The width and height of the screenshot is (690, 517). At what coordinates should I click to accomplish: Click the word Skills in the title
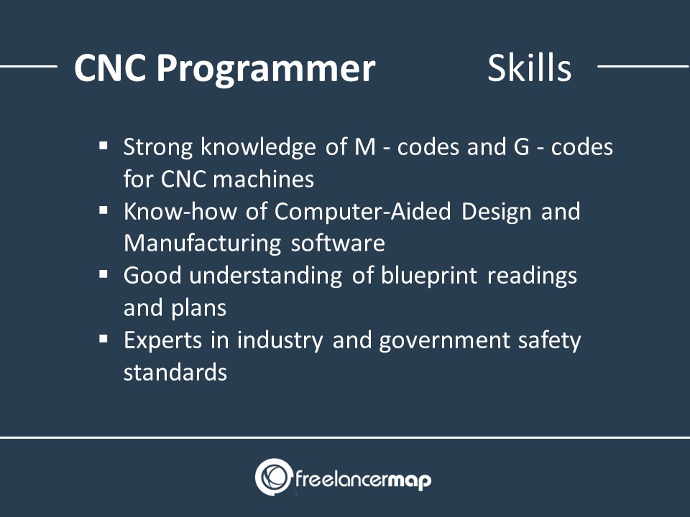pyautogui.click(x=530, y=68)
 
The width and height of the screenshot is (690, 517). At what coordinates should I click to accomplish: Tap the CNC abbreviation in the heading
pyautogui.click(x=110, y=68)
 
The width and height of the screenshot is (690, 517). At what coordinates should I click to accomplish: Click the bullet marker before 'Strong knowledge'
pyautogui.click(x=103, y=146)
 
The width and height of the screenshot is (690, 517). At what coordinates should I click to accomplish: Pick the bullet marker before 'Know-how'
pyautogui.click(x=103, y=210)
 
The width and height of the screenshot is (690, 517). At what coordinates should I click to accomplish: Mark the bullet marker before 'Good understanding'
pyautogui.click(x=103, y=274)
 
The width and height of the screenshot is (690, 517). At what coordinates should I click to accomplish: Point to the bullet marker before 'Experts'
pyautogui.click(x=103, y=339)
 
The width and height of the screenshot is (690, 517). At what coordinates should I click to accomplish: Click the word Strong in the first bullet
pyautogui.click(x=158, y=148)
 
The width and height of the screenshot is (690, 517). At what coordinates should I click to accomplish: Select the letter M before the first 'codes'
pyautogui.click(x=365, y=146)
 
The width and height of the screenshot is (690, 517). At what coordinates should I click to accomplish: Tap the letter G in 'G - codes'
pyautogui.click(x=522, y=146)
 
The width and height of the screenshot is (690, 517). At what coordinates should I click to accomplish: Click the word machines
pyautogui.click(x=263, y=179)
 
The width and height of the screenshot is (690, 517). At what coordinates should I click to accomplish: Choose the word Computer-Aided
pyautogui.click(x=362, y=212)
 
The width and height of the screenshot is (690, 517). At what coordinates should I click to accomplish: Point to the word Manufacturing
pyautogui.click(x=202, y=244)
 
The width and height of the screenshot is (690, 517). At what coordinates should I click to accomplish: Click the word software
pyautogui.click(x=338, y=243)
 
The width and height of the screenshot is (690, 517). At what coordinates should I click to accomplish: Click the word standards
pyautogui.click(x=175, y=372)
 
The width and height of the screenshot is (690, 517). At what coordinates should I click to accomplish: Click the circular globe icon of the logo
pyautogui.click(x=274, y=477)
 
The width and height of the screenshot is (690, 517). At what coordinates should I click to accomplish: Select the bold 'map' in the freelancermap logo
pyautogui.click(x=410, y=480)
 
